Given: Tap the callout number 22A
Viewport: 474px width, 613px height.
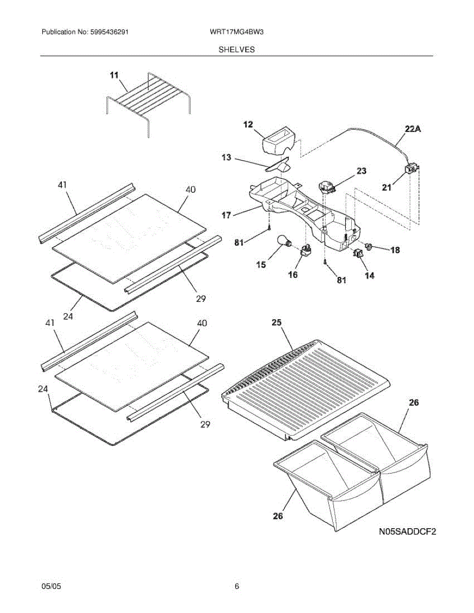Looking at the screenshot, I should pyautogui.click(x=413, y=130).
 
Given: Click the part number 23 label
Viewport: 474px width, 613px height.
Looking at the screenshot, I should pyautogui.click(x=361, y=171).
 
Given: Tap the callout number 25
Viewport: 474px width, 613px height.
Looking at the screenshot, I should pyautogui.click(x=277, y=323).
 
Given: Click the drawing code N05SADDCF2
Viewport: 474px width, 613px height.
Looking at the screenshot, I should pyautogui.click(x=407, y=532).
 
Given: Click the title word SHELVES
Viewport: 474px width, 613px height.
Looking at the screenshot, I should pyautogui.click(x=237, y=50).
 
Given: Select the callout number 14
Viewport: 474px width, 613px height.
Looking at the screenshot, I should pyautogui.click(x=369, y=276).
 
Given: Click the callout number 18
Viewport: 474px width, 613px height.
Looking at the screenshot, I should pyautogui.click(x=395, y=250).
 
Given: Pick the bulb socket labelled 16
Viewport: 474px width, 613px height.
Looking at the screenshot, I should pyautogui.click(x=306, y=251).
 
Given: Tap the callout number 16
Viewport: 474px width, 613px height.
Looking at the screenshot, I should pyautogui.click(x=293, y=275).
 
